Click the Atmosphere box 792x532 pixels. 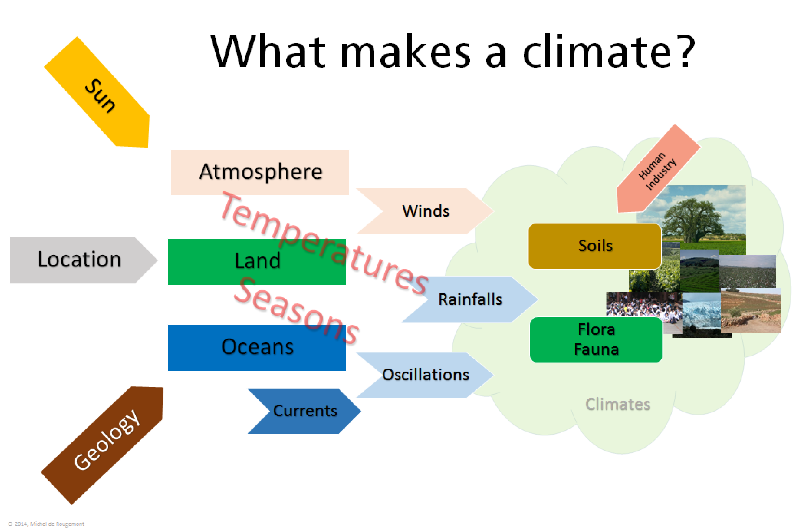click(260, 172)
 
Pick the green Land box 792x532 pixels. click(257, 262)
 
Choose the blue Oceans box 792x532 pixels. click(257, 348)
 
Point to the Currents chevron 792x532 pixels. click(304, 411)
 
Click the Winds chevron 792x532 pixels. click(425, 211)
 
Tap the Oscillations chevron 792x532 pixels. click(425, 375)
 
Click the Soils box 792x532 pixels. click(595, 246)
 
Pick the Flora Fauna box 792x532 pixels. click(596, 340)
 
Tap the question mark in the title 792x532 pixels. click(685, 51)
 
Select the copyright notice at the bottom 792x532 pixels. click(46, 524)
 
